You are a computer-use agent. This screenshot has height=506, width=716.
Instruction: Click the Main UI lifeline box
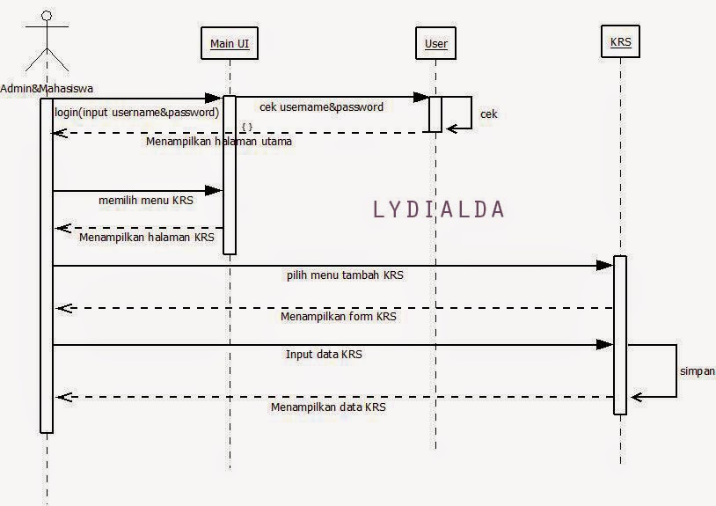coord(230,44)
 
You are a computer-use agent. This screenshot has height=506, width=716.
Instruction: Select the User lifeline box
coord(435,44)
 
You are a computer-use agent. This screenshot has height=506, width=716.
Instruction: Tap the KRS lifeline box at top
coord(620,42)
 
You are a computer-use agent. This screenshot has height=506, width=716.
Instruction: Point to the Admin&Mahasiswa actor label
coord(47,88)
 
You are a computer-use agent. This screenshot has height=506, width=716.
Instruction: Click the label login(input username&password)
coord(136,113)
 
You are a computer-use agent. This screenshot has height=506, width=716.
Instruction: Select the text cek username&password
coord(321,106)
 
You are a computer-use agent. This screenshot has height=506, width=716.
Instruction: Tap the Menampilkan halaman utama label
coord(219,141)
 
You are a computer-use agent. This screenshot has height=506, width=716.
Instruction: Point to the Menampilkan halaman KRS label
coord(147,237)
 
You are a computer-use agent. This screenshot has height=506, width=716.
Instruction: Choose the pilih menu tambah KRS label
coord(345,275)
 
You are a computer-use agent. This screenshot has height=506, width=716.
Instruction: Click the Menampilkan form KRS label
coord(339,316)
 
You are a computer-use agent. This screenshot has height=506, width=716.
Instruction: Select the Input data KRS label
coord(324,355)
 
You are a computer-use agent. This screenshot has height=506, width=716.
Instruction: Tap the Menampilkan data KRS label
coord(328,407)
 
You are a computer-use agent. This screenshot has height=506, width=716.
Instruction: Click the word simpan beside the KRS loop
coord(697,371)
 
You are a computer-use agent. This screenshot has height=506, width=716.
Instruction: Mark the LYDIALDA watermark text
coord(439,209)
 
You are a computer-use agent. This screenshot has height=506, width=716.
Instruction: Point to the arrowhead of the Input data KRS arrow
coord(604,345)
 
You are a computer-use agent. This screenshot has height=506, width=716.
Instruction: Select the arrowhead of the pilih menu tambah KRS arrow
coord(604,265)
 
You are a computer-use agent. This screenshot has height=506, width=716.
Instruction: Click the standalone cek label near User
coord(489,114)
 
